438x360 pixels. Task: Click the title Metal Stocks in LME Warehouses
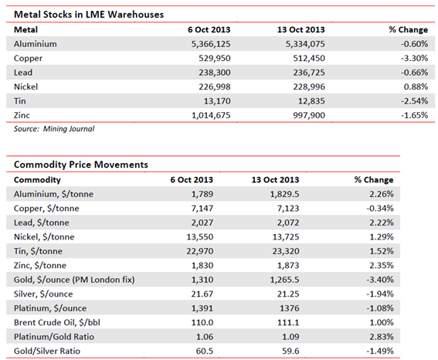pos(89,15)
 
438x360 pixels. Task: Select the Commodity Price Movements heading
pos(81,165)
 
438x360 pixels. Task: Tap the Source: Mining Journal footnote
pos(54,129)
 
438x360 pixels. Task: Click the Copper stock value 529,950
pos(215,58)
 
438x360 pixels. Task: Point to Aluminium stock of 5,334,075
pos(305,44)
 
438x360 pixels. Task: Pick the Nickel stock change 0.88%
pos(416,87)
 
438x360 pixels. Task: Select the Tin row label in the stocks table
pos(20,101)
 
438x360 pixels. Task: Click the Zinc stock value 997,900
pos(309,115)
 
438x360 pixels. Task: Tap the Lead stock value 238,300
pos(215,73)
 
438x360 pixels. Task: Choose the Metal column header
pos(25,29)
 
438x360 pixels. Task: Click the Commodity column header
pos(37,179)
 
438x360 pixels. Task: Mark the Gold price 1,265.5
pos(284,280)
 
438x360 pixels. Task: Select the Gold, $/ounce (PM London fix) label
pos(74,280)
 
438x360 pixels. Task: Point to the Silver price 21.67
pos(202,294)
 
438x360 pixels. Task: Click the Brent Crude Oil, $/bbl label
pos(57,322)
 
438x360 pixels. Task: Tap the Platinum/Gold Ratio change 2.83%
pos(382,337)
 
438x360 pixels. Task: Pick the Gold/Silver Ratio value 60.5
pos(205,351)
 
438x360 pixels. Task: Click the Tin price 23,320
pos(286,251)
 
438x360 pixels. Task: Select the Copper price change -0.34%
pos(380,208)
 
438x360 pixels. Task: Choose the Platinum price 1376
pos(290,308)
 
